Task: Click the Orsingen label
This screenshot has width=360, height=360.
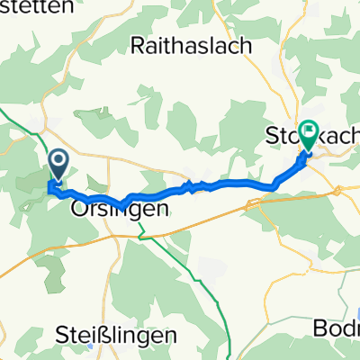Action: point(106,210)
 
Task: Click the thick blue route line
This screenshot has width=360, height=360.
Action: point(234,186)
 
